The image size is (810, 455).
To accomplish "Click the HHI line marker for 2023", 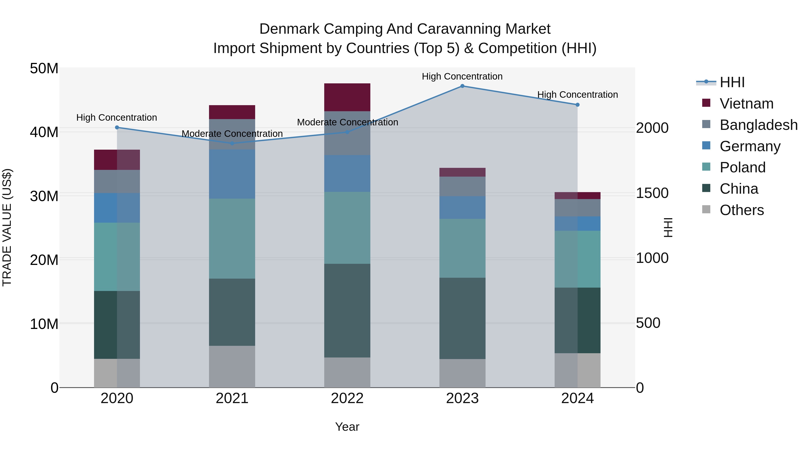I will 462,86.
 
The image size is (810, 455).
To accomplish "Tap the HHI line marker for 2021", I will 232,144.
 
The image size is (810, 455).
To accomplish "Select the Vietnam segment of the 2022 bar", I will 347,97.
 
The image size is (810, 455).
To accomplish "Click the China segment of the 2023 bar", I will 462,318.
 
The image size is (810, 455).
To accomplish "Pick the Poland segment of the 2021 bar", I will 232,239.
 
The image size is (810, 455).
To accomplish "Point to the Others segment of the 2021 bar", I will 232,367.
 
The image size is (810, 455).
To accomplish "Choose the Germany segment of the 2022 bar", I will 347,173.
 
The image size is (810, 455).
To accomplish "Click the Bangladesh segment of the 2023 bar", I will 462,186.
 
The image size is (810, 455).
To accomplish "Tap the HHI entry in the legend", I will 732,82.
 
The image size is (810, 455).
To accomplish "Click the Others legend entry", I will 741,210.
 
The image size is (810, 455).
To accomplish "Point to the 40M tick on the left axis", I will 44,132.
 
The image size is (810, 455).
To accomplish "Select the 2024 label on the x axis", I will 577,398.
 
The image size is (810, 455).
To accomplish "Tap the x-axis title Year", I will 347,427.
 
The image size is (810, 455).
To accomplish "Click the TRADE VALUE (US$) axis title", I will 7,227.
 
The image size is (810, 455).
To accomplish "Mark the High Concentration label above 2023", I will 462,76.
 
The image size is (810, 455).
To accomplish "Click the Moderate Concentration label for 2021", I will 232,134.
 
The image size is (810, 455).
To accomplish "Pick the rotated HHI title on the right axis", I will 668,227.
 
